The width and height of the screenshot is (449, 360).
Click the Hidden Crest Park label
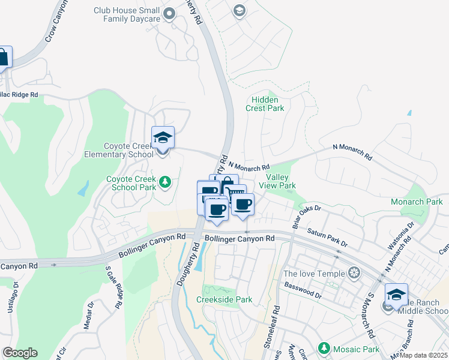265,104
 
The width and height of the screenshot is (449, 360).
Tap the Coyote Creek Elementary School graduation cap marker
163,138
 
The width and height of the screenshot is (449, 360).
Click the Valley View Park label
281,182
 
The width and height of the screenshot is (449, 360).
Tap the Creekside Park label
224,299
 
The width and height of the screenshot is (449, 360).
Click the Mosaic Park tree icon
324,348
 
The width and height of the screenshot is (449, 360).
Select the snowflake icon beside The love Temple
355,274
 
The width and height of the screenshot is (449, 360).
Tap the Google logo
19,353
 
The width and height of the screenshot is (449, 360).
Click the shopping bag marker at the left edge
3,59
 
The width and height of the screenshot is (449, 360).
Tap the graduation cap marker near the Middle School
396,295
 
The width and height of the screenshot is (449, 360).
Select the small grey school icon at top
240,11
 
